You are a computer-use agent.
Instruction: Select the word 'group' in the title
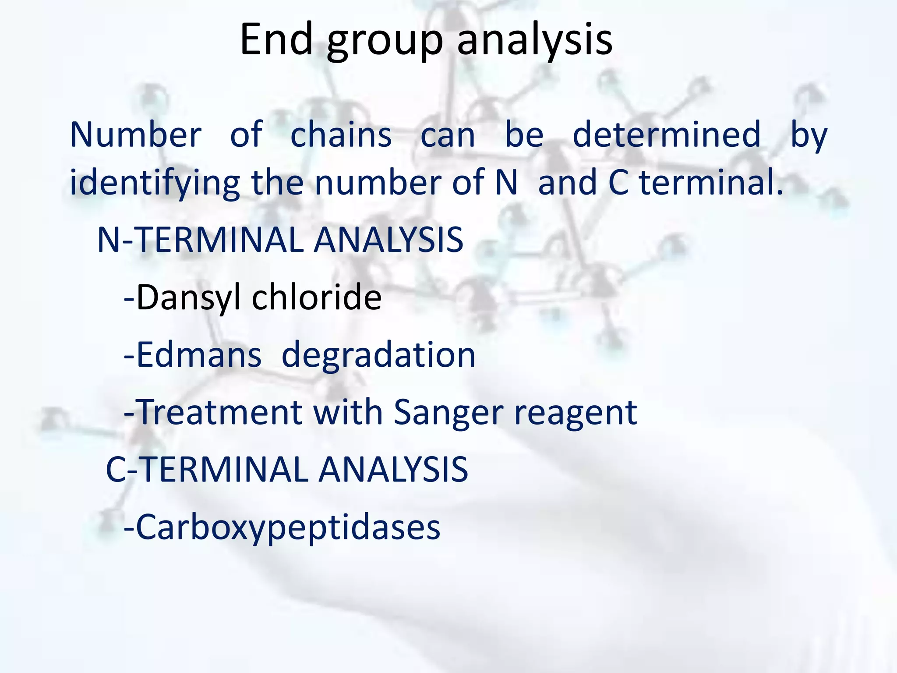[x=385, y=42]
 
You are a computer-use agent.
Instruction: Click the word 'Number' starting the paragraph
[x=136, y=135]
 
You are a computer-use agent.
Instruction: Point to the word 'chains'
[x=341, y=135]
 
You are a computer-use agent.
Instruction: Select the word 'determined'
[x=667, y=135]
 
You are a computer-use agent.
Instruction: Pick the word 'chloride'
[x=317, y=297]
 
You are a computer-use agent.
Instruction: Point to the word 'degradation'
[x=378, y=355]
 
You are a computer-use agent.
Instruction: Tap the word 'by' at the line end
[x=809, y=135]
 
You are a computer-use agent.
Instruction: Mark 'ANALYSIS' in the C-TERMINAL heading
[x=393, y=469]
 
